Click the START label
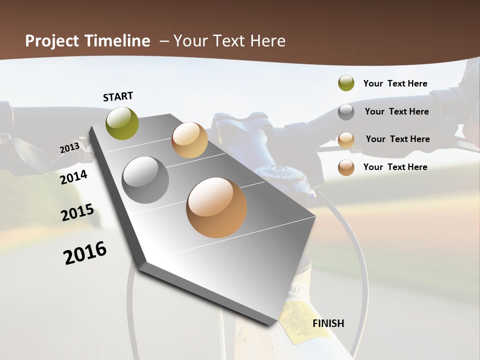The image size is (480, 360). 118,96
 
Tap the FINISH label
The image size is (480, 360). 328,323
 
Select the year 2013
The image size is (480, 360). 69,148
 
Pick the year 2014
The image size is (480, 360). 73,177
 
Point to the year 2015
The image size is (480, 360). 77,212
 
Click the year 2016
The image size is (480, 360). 85,253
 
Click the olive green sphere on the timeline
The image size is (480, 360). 122,123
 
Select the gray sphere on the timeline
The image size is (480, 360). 145,180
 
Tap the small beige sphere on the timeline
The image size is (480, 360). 189,140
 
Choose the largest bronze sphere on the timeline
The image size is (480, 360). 216,207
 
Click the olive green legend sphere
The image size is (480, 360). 346,83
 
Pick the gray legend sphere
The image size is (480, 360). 346,111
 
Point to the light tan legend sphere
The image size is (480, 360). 346,139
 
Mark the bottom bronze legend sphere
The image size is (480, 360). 346,167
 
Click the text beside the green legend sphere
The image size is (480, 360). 395,83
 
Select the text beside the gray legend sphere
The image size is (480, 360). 396,111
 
